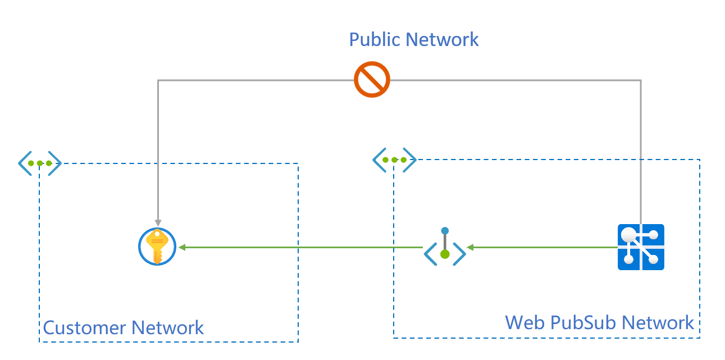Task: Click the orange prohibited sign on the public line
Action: tap(372, 80)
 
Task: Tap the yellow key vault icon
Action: tap(157, 247)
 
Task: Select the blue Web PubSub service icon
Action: tap(641, 247)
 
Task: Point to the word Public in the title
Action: tap(374, 39)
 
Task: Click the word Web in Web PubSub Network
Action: tap(525, 322)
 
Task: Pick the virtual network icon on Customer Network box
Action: tap(39, 163)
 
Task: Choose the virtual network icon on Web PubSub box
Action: tap(394, 160)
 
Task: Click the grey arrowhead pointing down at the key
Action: tap(158, 222)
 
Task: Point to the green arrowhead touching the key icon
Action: tap(182, 247)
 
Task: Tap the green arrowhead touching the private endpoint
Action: tap(471, 247)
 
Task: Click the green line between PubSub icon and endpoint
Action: tap(545, 247)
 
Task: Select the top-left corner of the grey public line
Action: tap(158, 80)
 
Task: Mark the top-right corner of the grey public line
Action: tap(640, 80)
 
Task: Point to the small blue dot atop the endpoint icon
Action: tap(445, 230)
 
